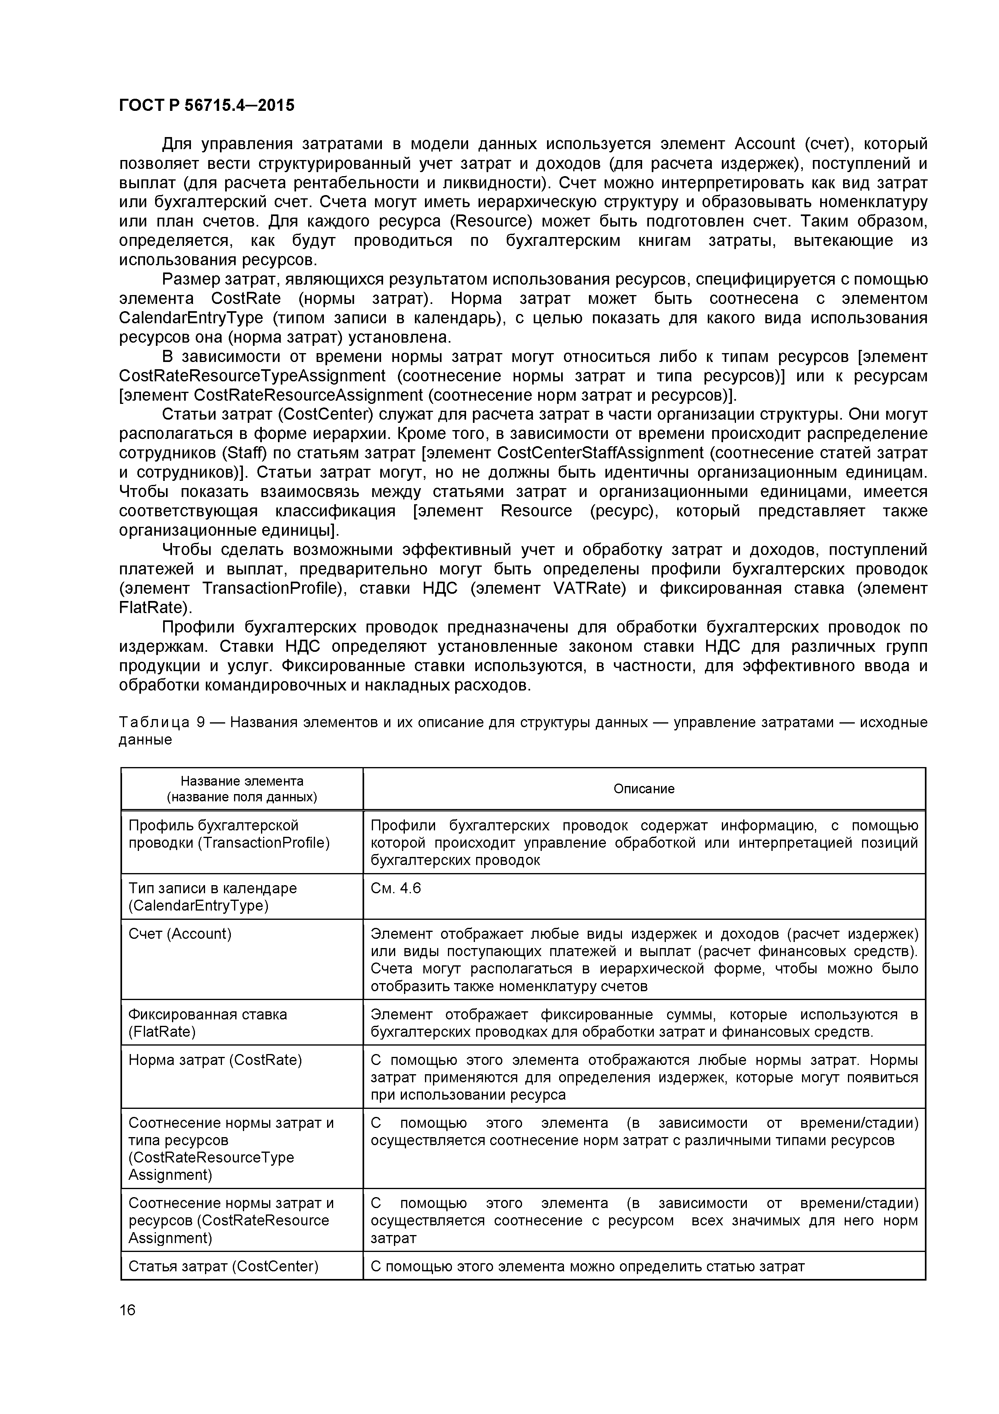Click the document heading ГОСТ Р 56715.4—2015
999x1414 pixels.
click(206, 106)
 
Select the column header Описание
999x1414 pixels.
click(644, 789)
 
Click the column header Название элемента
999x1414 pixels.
click(242, 781)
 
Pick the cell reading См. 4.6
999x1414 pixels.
click(396, 888)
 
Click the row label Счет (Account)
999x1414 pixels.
click(180, 934)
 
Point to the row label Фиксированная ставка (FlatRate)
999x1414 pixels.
click(207, 1023)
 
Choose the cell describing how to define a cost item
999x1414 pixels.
click(587, 1266)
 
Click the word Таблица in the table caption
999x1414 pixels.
click(154, 722)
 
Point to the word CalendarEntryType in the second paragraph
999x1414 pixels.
click(191, 318)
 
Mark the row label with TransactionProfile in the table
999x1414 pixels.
click(229, 834)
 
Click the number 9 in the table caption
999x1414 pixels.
click(200, 722)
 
